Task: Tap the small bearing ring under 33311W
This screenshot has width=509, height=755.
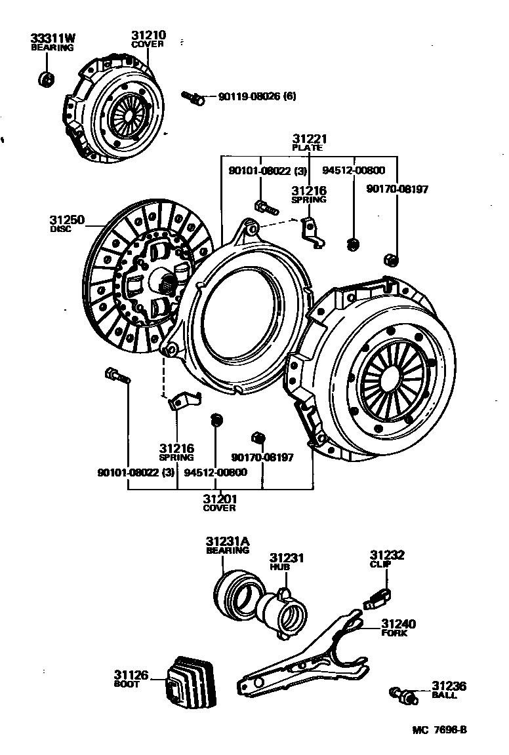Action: pos(46,79)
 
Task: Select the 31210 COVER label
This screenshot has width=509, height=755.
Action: pos(148,39)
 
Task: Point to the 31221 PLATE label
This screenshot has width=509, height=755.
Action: pos(309,142)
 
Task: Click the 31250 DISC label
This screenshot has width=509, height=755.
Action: pos(67,223)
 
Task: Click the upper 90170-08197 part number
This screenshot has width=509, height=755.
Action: pos(397,189)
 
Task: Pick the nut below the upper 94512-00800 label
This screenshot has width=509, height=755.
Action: pos(352,244)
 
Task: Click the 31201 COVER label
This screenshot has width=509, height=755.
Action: pos(219,502)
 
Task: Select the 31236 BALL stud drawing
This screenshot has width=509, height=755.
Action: pos(401,693)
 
